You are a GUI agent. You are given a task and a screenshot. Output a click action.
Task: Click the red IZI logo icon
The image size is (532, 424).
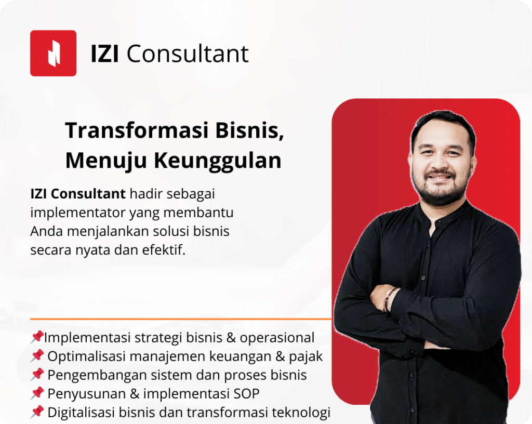tap(54, 53)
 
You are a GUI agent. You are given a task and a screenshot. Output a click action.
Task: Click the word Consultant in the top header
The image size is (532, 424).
tap(188, 54)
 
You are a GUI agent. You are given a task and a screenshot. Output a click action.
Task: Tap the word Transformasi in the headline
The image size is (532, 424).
tap(136, 130)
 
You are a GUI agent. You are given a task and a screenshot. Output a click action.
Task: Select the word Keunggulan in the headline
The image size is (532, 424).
tap(218, 161)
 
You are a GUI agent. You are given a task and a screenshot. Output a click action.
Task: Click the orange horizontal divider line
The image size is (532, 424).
tap(181, 319)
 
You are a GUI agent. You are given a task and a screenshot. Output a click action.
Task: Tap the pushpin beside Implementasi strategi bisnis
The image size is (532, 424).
tap(37, 337)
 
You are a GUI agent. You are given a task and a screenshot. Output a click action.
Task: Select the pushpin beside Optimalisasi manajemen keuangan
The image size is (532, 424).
tap(37, 356)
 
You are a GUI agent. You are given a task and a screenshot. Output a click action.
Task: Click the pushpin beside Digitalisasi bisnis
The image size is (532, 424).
tap(37, 412)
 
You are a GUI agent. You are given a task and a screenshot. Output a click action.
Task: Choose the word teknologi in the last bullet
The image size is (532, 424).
tap(301, 413)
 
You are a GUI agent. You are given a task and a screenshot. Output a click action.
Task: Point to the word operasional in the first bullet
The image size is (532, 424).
tap(277, 338)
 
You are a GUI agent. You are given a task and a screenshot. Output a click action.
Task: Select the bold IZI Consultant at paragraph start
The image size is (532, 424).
tap(78, 194)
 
